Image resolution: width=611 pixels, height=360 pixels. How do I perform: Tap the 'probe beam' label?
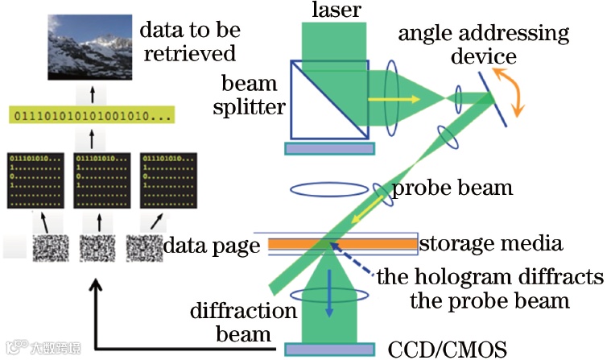[452, 188]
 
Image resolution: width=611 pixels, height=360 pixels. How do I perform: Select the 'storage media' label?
[491, 242]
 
